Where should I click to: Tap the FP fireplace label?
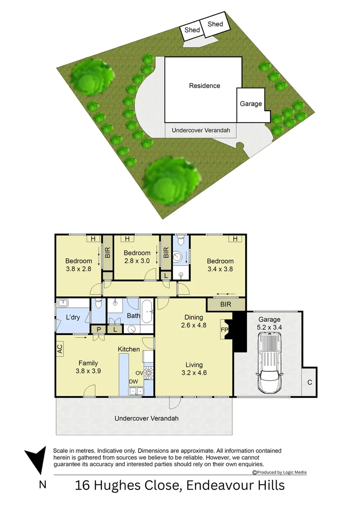(224, 329)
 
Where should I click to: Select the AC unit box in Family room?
(60, 349)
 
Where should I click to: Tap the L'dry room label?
(73, 317)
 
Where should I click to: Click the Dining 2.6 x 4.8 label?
(194, 321)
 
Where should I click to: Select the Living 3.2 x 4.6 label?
(194, 369)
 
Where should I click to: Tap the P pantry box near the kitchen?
(99, 329)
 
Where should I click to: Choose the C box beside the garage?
(310, 382)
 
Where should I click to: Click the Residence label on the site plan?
(205, 86)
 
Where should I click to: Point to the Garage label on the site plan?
(251, 104)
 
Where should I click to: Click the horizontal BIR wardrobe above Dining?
(226, 304)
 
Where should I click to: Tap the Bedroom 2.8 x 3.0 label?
(137, 256)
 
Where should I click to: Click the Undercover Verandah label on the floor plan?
(147, 418)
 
